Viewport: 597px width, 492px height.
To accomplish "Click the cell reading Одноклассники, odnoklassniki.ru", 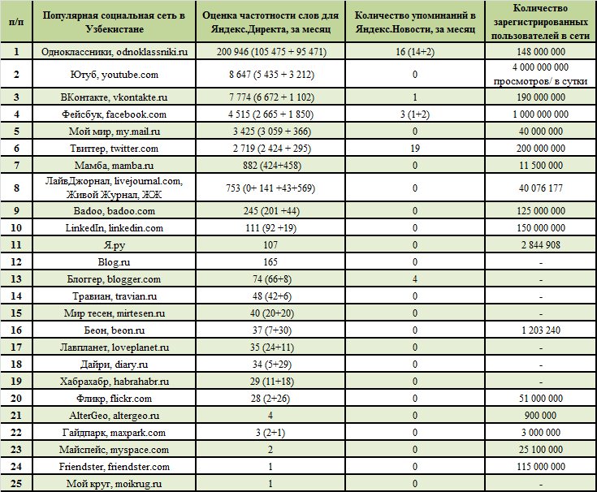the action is (115, 52).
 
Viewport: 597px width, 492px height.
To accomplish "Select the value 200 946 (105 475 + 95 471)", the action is (271, 52).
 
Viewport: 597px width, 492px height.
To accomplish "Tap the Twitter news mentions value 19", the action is (415, 149).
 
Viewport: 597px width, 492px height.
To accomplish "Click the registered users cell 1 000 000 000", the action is (541, 114).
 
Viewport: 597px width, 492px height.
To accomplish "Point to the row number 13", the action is (16, 279).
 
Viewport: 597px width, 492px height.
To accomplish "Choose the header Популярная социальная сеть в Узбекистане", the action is (115, 22).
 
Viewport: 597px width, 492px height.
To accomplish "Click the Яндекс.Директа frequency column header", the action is (270, 22).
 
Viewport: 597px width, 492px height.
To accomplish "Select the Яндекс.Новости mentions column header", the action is (415, 22).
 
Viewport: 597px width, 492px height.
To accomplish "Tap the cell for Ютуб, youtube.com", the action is (115, 75).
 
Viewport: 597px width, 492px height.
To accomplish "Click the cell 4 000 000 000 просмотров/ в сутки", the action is (541, 74).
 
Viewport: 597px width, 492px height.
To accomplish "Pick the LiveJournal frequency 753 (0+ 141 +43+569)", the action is (270, 188).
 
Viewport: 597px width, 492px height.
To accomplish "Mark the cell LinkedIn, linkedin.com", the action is (115, 228).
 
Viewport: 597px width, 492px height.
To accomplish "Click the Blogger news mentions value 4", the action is (415, 279).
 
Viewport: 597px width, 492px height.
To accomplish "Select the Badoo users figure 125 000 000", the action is (541, 211).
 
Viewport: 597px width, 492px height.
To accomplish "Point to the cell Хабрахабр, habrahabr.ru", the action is (115, 382).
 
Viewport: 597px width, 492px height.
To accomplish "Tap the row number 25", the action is (16, 484).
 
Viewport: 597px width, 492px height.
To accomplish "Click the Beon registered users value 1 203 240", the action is (541, 330).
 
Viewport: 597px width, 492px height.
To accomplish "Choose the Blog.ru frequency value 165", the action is (270, 261).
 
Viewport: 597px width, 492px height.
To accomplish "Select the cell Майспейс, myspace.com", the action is (115, 450).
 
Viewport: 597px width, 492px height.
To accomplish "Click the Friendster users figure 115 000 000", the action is (541, 467).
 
